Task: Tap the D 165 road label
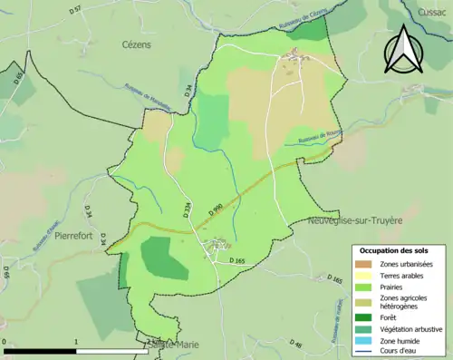click(236, 260)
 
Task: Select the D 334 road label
click(188, 212)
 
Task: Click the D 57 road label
click(75, 9)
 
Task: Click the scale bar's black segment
click(40, 349)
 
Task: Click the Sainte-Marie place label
click(169, 345)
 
